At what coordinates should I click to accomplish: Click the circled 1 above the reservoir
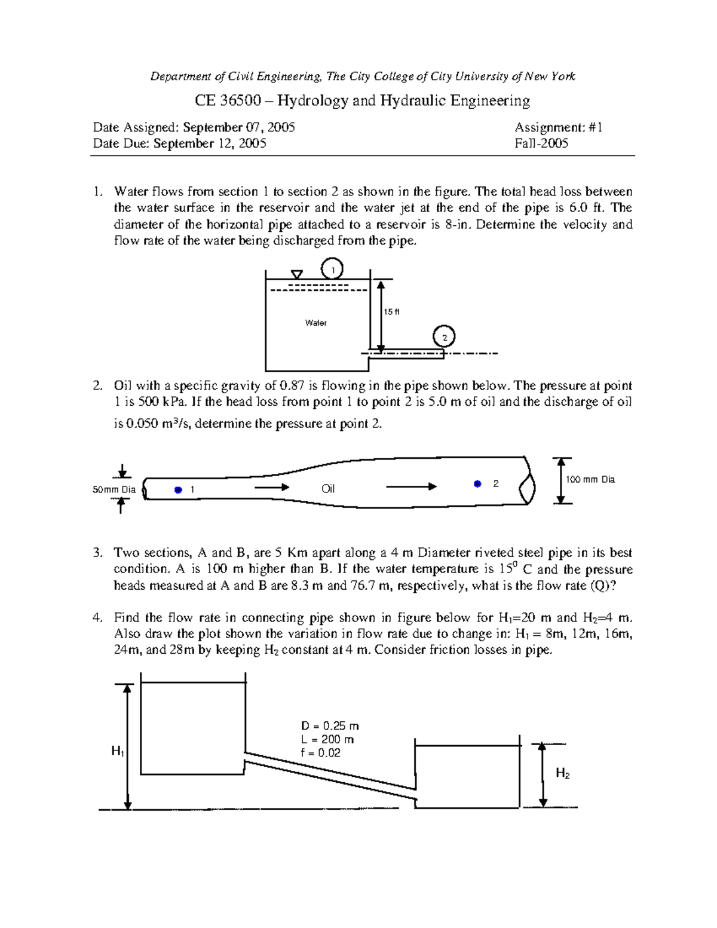pos(332,268)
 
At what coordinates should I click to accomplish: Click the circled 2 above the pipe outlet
pos(444,336)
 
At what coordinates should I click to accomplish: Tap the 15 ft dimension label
pos(391,311)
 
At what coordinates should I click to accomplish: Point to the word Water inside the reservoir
pos(315,323)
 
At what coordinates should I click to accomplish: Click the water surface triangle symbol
pos(296,274)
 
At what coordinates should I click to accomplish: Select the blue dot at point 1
pos(178,490)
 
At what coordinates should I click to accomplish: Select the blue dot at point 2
pos(477,484)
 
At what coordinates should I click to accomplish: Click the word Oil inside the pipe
pos(328,489)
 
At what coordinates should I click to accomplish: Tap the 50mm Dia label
pos(114,490)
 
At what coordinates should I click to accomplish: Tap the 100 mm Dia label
pos(590,479)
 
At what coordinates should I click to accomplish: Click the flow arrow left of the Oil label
pos(272,488)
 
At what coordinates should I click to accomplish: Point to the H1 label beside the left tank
pos(118,751)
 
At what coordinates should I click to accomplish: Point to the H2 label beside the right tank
pos(562,773)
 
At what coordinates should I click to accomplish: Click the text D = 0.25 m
pos(330,726)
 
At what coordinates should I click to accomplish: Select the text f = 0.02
pos(321,753)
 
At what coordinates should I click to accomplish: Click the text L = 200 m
pos(327,740)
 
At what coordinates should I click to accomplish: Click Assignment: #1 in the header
pos(559,127)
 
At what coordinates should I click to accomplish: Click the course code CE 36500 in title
pos(228,100)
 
